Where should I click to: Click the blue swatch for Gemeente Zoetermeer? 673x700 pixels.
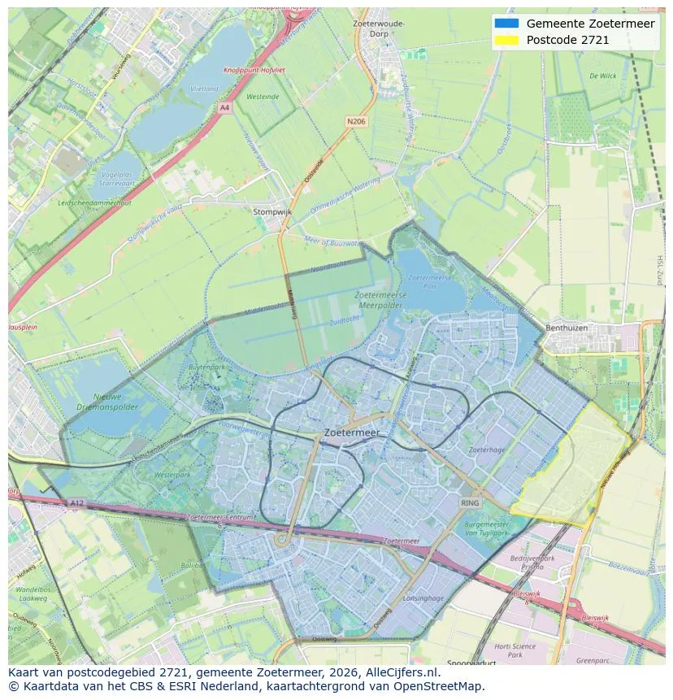tap(506, 24)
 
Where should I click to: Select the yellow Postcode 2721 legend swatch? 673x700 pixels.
tap(506, 40)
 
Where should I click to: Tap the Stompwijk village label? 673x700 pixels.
tap(272, 211)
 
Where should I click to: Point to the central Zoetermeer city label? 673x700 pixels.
tap(351, 433)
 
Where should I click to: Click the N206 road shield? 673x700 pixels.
tap(356, 121)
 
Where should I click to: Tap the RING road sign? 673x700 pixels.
tap(470, 503)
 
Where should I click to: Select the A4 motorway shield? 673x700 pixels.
tap(224, 107)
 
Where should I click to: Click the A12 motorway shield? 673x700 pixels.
tap(76, 502)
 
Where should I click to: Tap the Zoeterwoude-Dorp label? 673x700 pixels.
tap(379, 29)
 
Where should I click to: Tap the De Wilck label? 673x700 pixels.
tap(602, 76)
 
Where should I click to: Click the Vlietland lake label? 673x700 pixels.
tap(204, 89)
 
